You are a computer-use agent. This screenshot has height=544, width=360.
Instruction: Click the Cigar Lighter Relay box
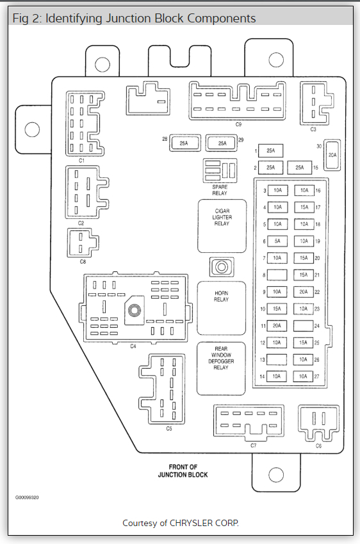tap(222, 226)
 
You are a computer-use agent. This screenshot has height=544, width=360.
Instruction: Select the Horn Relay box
tap(221, 308)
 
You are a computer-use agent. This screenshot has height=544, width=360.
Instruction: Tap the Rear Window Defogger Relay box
tap(221, 369)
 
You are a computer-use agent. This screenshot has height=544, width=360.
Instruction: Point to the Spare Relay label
tap(220, 190)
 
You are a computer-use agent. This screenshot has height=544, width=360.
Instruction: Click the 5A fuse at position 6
tap(277, 241)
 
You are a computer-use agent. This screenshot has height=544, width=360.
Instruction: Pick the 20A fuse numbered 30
tap(332, 155)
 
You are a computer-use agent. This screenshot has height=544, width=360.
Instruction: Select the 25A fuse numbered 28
tap(184, 143)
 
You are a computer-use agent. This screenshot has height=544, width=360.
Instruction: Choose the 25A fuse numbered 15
tap(300, 168)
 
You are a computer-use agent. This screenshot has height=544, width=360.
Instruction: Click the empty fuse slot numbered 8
tap(277, 275)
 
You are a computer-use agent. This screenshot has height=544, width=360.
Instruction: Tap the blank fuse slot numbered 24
tap(303, 326)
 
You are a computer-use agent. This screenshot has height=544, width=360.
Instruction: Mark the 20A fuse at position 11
tap(277, 326)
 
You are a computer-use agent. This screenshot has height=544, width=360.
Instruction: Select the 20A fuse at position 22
tap(304, 292)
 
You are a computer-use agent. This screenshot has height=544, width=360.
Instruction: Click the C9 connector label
tap(238, 124)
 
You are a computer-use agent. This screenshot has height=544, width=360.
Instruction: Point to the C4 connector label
tap(133, 346)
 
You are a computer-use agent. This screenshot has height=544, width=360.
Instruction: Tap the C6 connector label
tap(319, 446)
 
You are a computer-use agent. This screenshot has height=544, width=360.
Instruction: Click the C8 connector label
tap(83, 262)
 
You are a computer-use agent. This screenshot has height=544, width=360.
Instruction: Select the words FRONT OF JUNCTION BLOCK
tap(183, 471)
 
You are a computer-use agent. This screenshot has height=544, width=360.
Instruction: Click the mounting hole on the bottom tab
tap(276, 475)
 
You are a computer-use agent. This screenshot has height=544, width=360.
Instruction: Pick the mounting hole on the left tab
tap(32, 129)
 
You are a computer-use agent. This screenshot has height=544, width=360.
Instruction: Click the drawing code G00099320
tap(27, 497)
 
